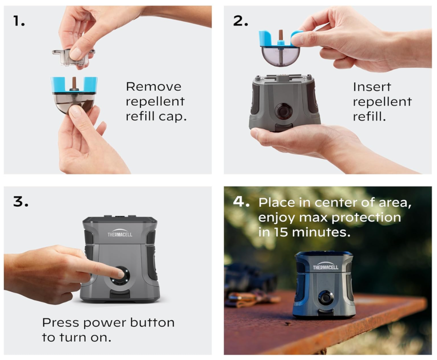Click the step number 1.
tap(19, 21)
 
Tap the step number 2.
tap(240, 21)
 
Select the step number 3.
tap(20, 201)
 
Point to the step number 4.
tap(241, 201)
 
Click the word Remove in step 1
tap(154, 87)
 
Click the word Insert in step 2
tap(372, 87)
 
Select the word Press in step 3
tap(61, 322)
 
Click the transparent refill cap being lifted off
tap(73, 57)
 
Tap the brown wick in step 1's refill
tap(74, 82)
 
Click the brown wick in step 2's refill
tap(281, 35)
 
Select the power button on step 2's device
tap(283, 111)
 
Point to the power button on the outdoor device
tap(326, 298)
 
